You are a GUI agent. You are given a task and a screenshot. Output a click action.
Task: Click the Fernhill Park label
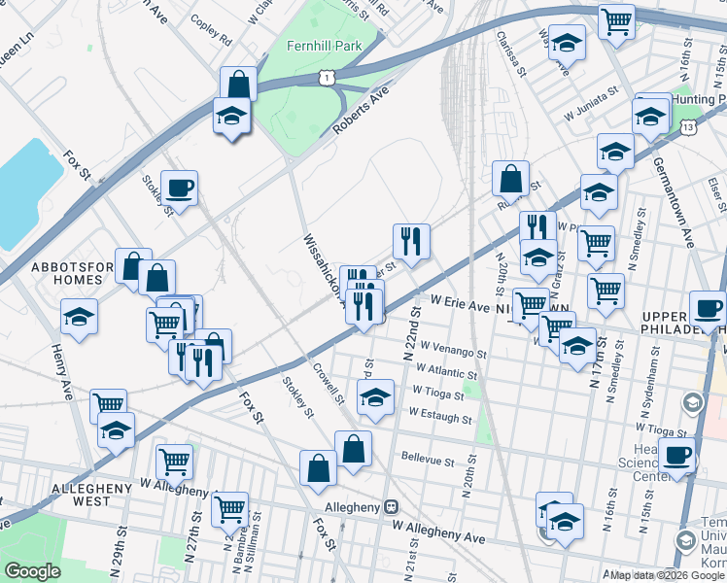click(323, 46)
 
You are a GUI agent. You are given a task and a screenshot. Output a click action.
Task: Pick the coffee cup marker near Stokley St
click(179, 188)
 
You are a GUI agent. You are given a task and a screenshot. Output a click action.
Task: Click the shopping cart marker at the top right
click(616, 20)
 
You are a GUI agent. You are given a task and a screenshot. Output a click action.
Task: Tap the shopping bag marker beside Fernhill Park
click(238, 84)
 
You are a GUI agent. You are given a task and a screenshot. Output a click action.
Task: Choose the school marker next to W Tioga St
click(376, 395)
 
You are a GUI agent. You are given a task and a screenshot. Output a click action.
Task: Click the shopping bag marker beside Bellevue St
click(354, 449)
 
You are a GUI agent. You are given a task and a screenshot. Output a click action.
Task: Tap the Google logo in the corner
click(33, 570)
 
